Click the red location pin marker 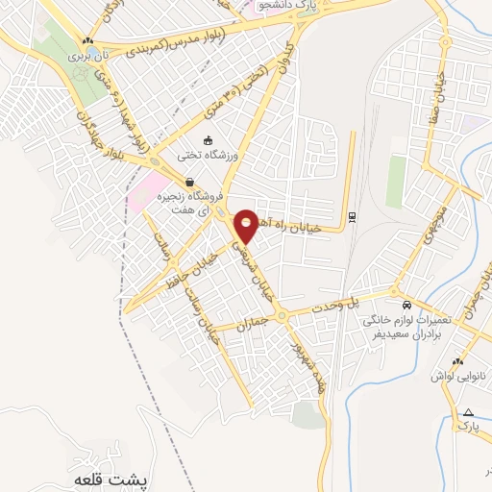point(247,225)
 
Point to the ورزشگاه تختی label point(209,155)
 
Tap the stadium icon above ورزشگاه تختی point(209,141)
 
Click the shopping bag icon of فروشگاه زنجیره point(190,182)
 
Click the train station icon point(353,217)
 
